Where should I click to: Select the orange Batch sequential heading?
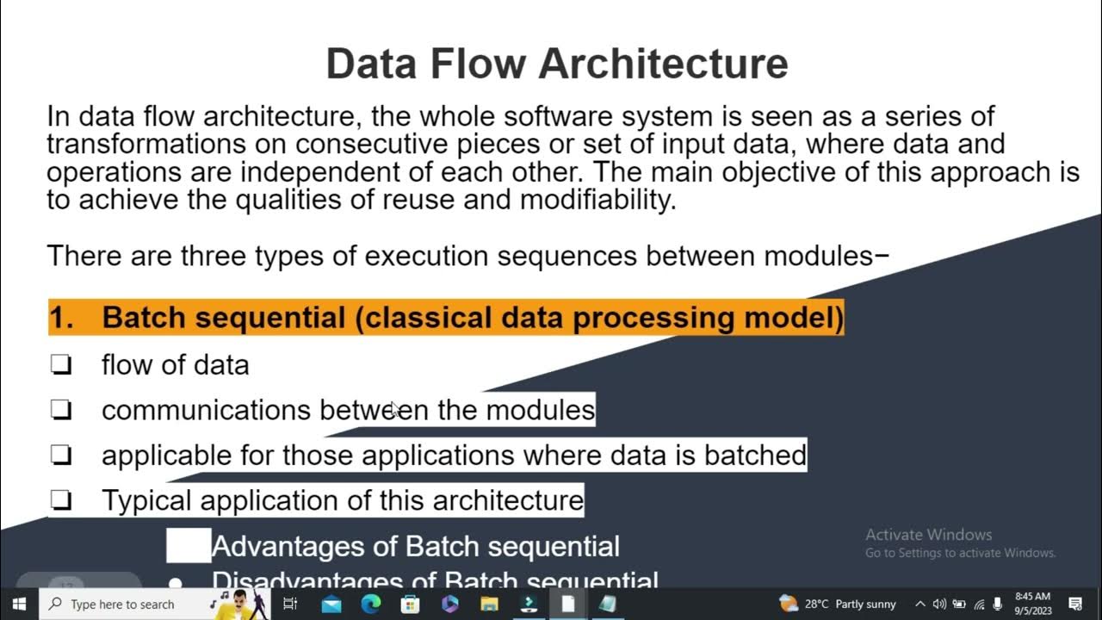[446, 317]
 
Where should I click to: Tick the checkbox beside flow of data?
[61, 365]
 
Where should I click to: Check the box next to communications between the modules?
[61, 411]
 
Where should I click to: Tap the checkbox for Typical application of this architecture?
[61, 500]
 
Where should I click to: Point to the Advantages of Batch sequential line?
[415, 546]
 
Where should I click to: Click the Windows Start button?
[19, 604]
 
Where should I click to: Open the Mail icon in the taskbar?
[331, 604]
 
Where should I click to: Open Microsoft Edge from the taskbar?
[371, 604]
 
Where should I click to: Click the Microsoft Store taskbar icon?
[411, 604]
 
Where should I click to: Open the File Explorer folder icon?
[489, 604]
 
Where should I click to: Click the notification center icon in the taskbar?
[1075, 604]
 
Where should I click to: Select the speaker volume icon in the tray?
[939, 604]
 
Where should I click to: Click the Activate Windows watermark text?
[928, 535]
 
